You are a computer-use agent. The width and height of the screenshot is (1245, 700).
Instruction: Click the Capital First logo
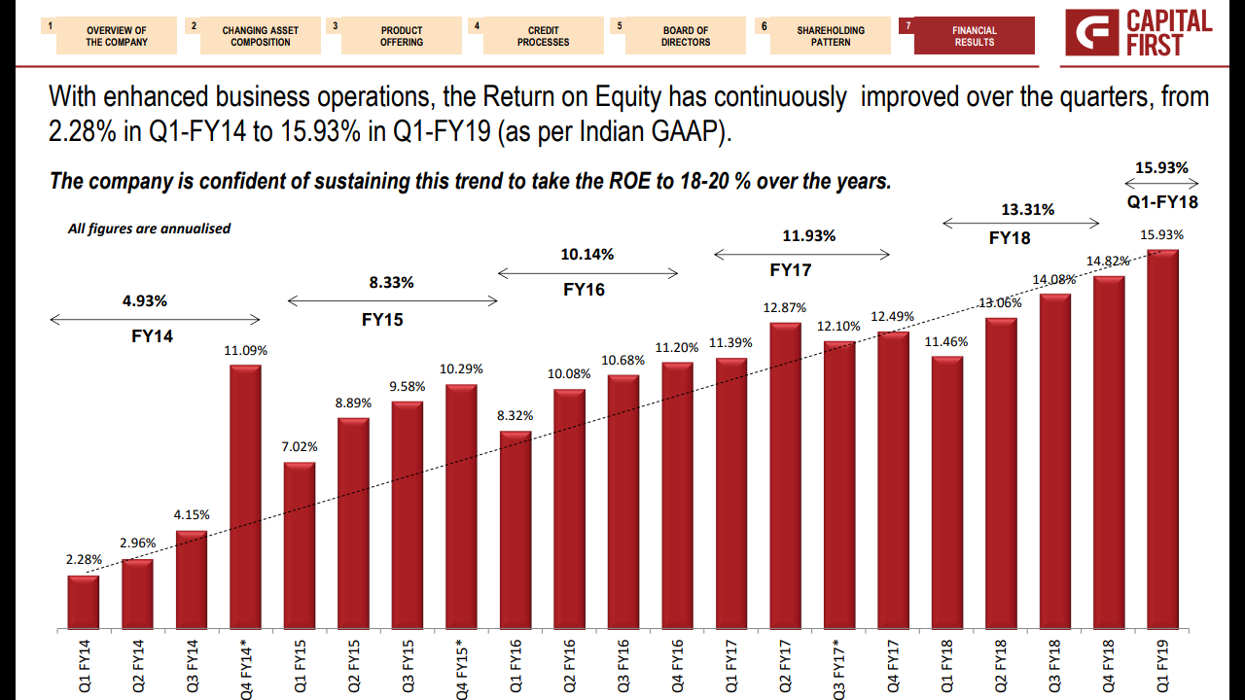pos(1139,33)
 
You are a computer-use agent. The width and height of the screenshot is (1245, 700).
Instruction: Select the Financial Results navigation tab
pos(974,36)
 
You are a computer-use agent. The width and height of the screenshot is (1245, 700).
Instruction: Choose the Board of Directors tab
pos(686,36)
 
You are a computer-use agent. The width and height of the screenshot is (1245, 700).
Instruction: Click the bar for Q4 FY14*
pos(245,498)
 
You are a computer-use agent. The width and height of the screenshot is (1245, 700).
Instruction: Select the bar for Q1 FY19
pos(1162,440)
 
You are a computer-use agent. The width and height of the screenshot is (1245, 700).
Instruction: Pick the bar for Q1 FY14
pos(84,603)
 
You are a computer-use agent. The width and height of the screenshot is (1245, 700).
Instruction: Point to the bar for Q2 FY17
pos(785,476)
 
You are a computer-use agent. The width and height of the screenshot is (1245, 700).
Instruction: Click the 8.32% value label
pos(516,415)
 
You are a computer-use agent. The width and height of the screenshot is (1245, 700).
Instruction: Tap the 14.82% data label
pos(1109,261)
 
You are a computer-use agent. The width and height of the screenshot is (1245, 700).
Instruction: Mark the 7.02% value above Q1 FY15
pos(300,446)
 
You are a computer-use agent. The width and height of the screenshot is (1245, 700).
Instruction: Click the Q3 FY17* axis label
pos(839,669)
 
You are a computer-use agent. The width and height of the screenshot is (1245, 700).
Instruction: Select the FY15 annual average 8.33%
pos(391,283)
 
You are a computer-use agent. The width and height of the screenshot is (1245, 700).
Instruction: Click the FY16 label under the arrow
pos(584,289)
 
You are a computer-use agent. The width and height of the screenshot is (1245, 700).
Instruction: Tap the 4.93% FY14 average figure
pos(145,300)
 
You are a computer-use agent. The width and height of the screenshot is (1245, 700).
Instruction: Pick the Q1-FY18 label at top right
pos(1162,202)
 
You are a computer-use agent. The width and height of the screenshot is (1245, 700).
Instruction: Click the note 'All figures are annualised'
pos(149,228)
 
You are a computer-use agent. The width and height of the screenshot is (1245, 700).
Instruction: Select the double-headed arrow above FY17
pos(801,255)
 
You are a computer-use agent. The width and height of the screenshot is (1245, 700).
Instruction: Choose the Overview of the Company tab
pos(117,36)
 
